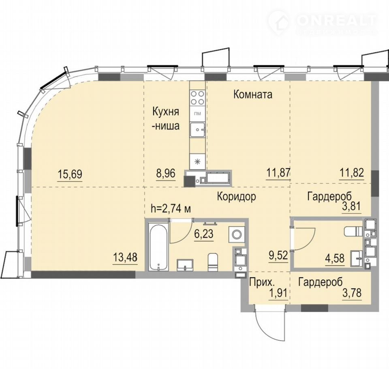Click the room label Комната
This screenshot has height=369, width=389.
253,94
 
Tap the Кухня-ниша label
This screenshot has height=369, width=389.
166,119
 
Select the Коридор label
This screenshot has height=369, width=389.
236,197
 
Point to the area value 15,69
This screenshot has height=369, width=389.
70,174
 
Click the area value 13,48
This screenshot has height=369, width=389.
125,257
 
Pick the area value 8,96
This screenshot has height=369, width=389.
166,173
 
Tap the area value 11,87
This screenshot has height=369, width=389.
278,172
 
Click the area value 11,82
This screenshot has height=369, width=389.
352,172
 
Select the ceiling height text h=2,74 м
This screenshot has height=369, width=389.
171,209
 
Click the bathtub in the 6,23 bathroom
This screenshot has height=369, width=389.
158,246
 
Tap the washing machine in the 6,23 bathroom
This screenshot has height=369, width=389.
236,234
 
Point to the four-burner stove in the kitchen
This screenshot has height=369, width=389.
197,98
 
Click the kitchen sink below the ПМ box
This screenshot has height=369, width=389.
197,130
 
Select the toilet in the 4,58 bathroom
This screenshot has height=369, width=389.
353,232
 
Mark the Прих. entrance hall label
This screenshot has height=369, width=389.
262,282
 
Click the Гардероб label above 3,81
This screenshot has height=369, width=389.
329,196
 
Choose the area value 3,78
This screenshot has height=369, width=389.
352,293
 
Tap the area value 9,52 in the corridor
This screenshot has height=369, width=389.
278,255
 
